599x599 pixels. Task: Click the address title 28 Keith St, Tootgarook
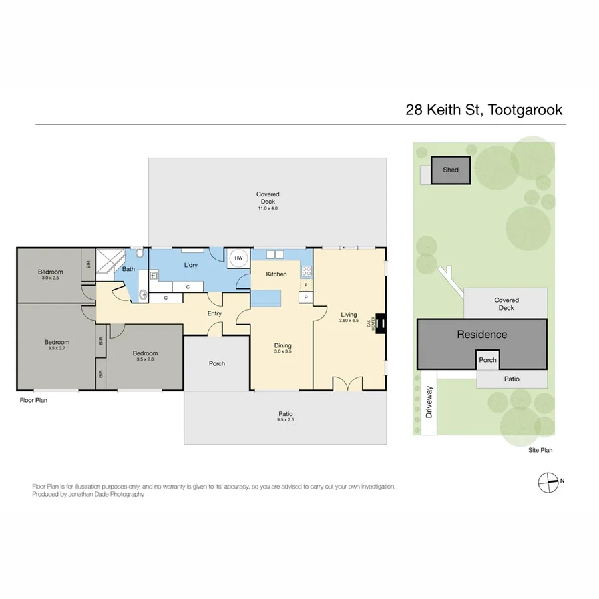tap(484, 110)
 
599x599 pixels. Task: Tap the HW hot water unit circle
tap(238, 258)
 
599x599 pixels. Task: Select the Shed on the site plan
tap(451, 170)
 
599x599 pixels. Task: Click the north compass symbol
tap(547, 481)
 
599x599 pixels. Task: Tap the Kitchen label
tap(276, 274)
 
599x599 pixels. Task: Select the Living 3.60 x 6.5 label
tap(349, 317)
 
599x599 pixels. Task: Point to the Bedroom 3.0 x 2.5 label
tap(50, 274)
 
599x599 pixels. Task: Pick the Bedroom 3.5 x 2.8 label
tap(145, 356)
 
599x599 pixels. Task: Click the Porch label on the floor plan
tap(217, 363)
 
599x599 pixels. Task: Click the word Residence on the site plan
tap(482, 335)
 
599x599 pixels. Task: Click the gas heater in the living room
tap(381, 323)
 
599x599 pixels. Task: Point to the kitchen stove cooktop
tap(307, 272)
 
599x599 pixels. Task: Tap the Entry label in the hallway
tap(214, 313)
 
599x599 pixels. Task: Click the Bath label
tap(128, 269)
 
